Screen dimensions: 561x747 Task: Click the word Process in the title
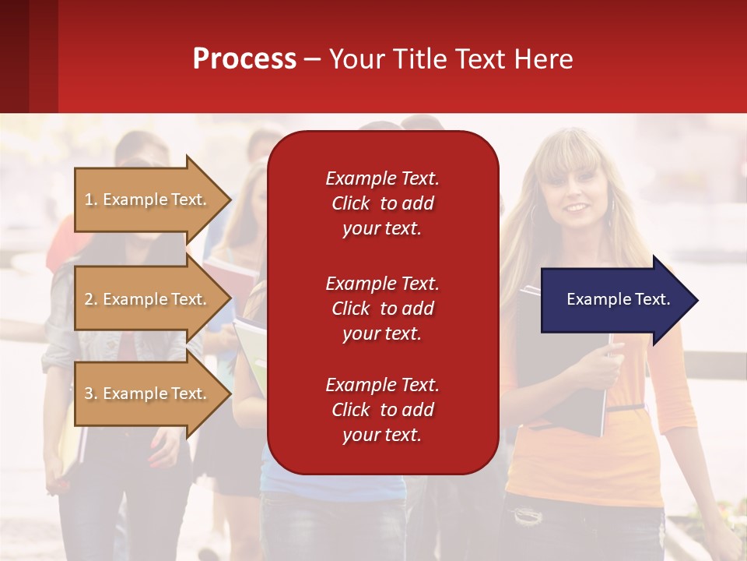tap(244, 59)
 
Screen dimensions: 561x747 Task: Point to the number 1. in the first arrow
tap(91, 199)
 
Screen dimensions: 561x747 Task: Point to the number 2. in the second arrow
tap(91, 299)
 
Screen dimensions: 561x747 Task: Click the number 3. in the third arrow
tap(91, 393)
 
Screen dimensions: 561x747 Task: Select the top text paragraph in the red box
tap(382, 203)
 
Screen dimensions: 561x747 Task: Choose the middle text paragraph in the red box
tap(382, 309)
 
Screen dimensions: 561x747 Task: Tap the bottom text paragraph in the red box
tap(382, 410)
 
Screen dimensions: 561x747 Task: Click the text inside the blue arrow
tap(619, 299)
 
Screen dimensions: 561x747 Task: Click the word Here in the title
tap(544, 59)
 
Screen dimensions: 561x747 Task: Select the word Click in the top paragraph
tap(351, 203)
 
